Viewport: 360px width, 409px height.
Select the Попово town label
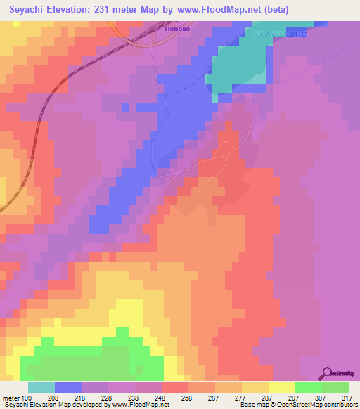pyautogui.click(x=178, y=30)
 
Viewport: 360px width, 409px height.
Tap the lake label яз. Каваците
pyautogui.click(x=280, y=34)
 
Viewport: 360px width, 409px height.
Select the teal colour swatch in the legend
pyautogui.click(x=41, y=387)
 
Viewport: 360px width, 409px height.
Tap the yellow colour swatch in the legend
pyautogui.click(x=282, y=387)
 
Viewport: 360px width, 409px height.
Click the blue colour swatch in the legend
pyautogui.click(x=68, y=387)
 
